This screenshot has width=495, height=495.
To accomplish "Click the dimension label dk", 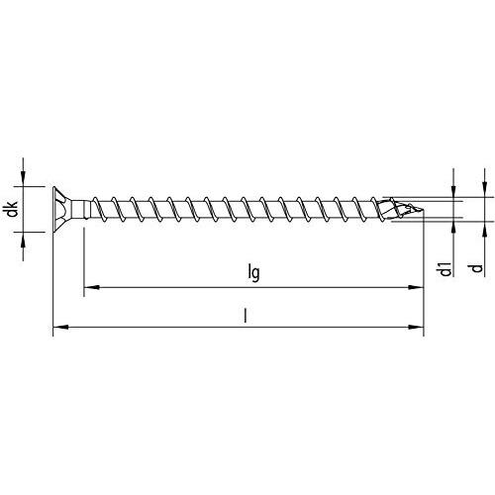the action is (x=13, y=209).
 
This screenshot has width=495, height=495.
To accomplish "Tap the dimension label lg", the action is (x=254, y=273).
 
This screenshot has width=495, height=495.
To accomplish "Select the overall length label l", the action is (x=245, y=316).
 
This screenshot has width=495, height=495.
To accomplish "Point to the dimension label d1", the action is (x=445, y=269).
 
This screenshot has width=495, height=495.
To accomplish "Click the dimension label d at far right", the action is (x=476, y=268).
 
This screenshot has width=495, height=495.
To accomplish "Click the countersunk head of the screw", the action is (x=62, y=209).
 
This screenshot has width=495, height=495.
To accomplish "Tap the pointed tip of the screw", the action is (x=422, y=209).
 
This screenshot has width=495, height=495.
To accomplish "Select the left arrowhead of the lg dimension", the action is (x=92, y=287).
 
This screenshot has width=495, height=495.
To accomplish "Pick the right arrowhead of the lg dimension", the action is (x=416, y=287).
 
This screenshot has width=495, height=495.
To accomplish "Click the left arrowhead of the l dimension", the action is (x=60, y=327).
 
